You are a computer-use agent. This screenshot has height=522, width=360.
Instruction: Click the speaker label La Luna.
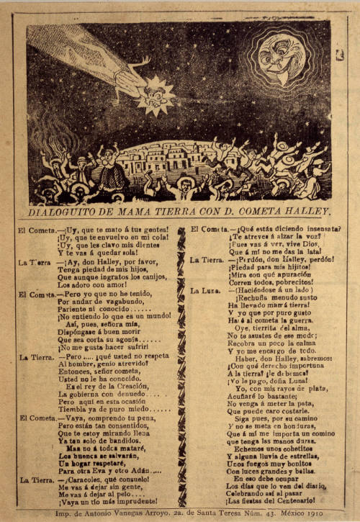[x=205, y=291]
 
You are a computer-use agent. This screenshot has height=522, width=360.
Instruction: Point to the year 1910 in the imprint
[x=310, y=513]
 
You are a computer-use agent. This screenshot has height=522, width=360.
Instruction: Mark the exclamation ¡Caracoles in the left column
[x=86, y=479]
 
